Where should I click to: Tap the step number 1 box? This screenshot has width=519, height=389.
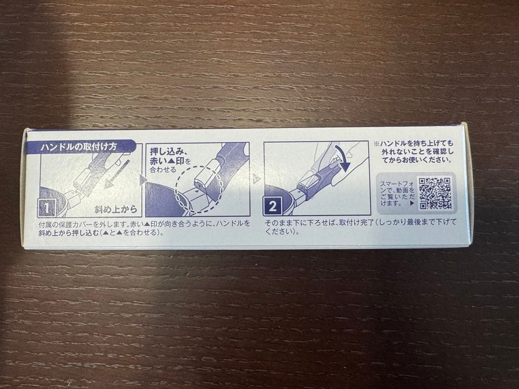click(x=47, y=207)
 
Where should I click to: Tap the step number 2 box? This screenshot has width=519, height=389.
click(x=272, y=207)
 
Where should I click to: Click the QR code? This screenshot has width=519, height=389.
click(x=435, y=193)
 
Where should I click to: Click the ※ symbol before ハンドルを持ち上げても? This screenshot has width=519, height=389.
click(x=376, y=144)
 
